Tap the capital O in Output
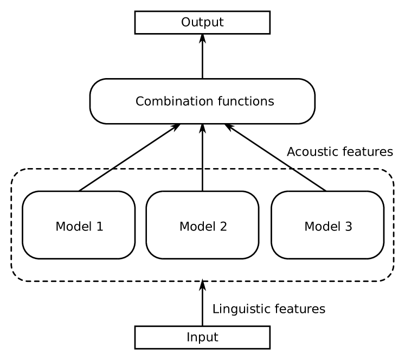pos(185,23)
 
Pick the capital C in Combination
pos(139,101)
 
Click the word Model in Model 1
pos(72,227)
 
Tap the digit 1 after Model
pos(99,227)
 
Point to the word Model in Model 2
pos(196,227)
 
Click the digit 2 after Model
pos(223,227)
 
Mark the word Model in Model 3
pos(320,227)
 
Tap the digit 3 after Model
pos(348,227)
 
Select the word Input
pos(202,338)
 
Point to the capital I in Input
pos(188,337)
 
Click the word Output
pos(202,23)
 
